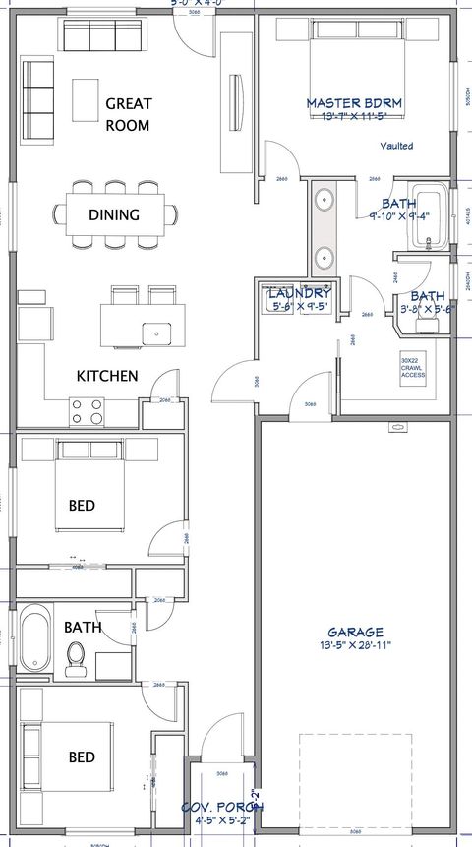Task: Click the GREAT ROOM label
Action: tap(128, 114)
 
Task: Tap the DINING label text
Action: tap(114, 214)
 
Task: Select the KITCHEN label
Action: tap(107, 376)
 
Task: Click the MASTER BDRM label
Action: tap(354, 103)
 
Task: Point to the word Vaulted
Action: tap(396, 146)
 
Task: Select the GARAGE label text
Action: tap(356, 632)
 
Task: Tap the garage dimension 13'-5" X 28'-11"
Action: tap(356, 646)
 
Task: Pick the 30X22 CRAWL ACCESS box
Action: tap(413, 368)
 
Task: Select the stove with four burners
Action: tap(87, 410)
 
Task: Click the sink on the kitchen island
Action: tap(155, 333)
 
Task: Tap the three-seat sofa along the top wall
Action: tap(102, 36)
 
